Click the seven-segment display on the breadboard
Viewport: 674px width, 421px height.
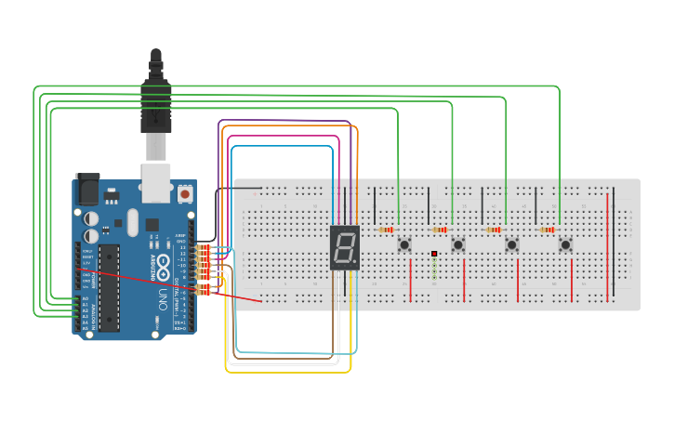(345, 248)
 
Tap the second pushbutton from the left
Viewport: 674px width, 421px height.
(458, 245)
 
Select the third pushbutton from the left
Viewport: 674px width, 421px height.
(511, 245)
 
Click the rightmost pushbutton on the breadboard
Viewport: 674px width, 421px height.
(565, 245)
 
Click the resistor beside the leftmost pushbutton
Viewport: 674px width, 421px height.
(386, 230)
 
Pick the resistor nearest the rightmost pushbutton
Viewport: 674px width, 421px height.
(548, 230)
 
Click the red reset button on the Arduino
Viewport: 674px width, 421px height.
(185, 195)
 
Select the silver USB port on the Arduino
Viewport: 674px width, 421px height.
(156, 183)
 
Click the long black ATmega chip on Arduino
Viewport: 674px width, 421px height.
(110, 288)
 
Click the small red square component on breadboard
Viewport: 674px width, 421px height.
(434, 254)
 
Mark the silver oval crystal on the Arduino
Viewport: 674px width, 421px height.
(132, 221)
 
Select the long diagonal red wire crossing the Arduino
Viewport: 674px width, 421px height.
(177, 287)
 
